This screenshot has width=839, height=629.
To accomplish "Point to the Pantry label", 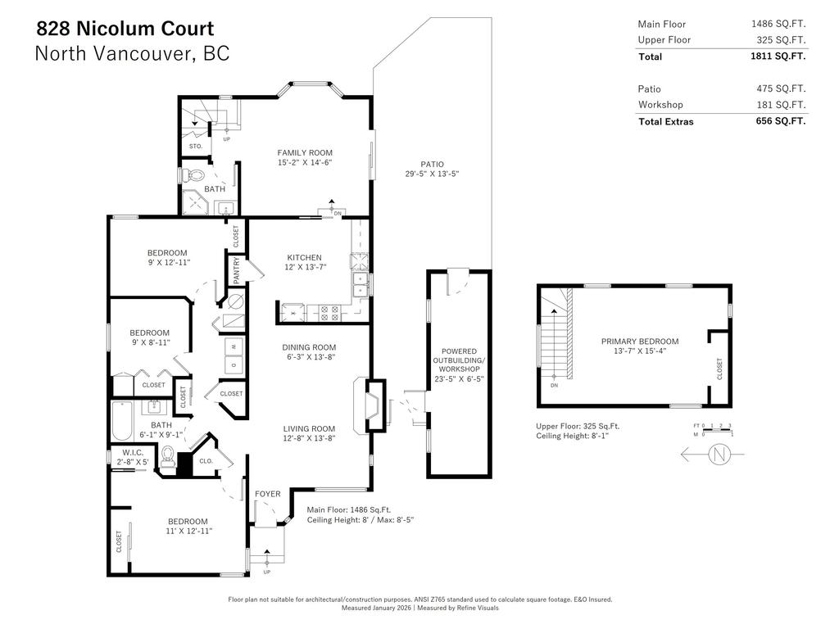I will [x=237, y=271].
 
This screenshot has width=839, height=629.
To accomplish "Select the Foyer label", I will [x=267, y=494].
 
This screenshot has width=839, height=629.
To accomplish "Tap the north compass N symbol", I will [x=719, y=455].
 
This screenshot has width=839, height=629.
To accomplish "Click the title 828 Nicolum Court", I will [x=125, y=29].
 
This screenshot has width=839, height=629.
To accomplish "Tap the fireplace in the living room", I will [x=370, y=405].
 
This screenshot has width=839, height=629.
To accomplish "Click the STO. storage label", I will [x=196, y=146].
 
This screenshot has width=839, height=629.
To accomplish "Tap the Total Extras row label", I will [x=665, y=121].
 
